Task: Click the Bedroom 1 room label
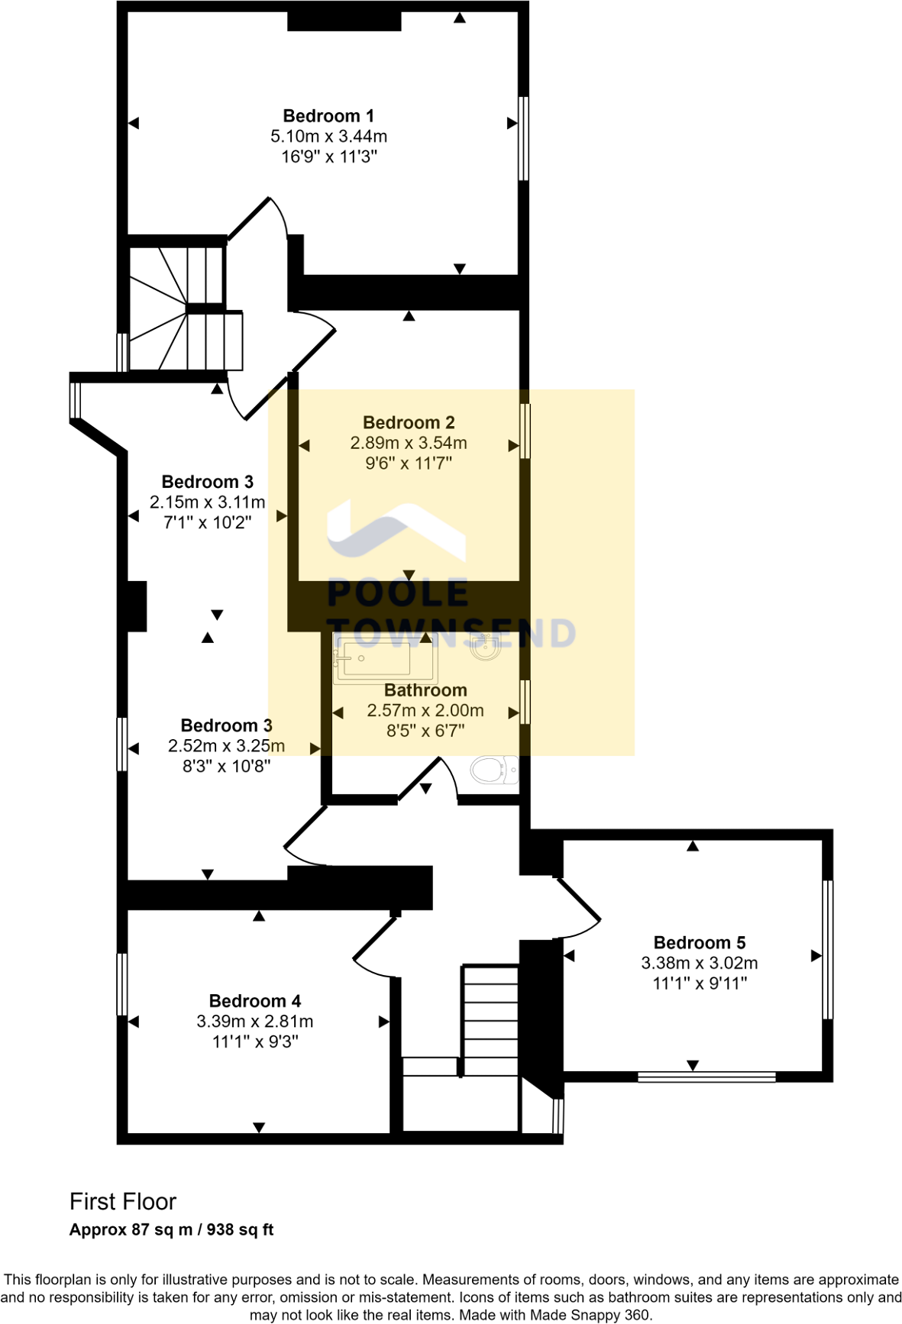click(328, 116)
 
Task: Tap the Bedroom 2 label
click(409, 422)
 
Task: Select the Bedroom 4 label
click(255, 1001)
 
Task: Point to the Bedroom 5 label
click(700, 943)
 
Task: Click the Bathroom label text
click(425, 690)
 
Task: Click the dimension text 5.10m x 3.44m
click(328, 137)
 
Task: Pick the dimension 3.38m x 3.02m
click(700, 964)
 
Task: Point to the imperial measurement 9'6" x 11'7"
click(409, 463)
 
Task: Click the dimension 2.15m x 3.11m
click(208, 502)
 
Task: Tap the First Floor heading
click(123, 1202)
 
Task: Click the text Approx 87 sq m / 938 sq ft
click(171, 1230)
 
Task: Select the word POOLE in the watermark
click(398, 593)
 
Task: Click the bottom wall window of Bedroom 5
click(706, 1077)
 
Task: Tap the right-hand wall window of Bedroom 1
click(523, 137)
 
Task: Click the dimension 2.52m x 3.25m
click(226, 746)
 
